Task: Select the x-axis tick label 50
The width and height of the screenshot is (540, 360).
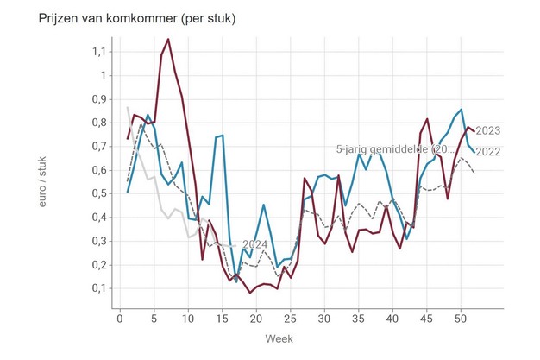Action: pos(460,318)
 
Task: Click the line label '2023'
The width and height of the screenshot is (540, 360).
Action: pos(488,131)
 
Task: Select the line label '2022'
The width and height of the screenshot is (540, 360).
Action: pos(488,153)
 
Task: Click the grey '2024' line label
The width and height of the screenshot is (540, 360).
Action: pos(255,244)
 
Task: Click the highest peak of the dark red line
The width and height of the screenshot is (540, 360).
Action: pos(167,39)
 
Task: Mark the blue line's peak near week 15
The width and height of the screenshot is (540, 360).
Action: pos(222,135)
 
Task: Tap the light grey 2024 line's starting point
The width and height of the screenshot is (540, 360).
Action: pos(127,107)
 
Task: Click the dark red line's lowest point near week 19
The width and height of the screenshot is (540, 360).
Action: pos(250,293)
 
